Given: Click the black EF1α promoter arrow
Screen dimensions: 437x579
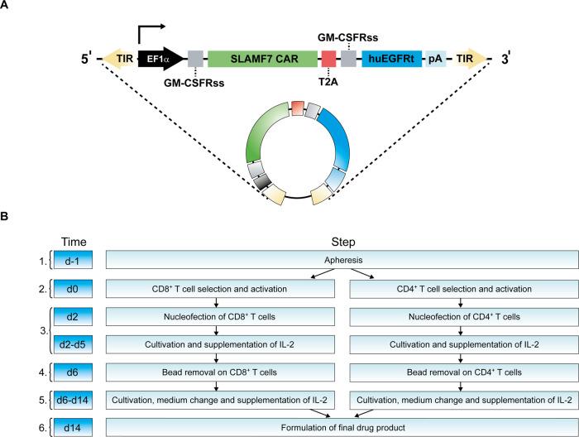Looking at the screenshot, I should click(162, 59).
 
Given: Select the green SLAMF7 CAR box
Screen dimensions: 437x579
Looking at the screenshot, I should click(262, 59).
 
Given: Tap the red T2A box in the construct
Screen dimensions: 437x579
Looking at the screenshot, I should click(328, 59).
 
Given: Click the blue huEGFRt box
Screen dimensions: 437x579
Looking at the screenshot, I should click(392, 59).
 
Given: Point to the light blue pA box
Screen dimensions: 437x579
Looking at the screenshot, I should click(435, 59).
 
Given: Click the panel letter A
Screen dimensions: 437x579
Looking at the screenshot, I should click(7, 6).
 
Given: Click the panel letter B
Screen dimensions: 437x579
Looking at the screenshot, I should click(7, 218).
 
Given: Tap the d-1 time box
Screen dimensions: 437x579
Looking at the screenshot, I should click(72, 261).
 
